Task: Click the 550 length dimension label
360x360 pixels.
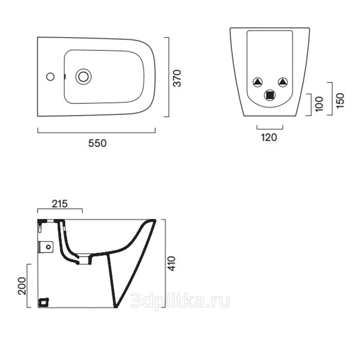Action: (x=97, y=143)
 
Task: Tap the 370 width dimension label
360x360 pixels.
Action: (x=177, y=78)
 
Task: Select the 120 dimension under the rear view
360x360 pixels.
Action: (x=269, y=137)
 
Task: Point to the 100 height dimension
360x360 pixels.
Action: (x=319, y=104)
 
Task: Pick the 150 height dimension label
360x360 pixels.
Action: (x=340, y=101)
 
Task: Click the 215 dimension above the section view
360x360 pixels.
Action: (x=60, y=204)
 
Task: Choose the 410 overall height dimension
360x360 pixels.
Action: (x=171, y=263)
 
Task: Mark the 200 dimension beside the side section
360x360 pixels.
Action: (x=22, y=286)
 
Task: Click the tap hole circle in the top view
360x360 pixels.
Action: (x=50, y=77)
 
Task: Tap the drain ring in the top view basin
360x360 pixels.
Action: (x=83, y=77)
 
